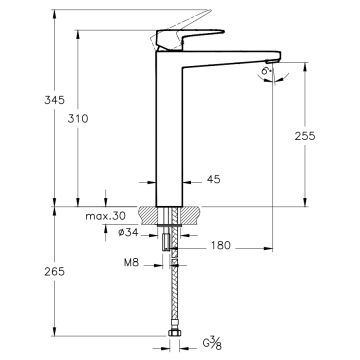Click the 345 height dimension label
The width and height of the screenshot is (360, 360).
54,100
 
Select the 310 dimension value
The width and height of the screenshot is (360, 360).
78,118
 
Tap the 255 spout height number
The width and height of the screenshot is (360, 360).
305,136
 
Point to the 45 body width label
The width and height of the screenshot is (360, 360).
214,179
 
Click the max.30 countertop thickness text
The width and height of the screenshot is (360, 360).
105,216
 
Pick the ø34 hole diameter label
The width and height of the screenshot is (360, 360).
128,233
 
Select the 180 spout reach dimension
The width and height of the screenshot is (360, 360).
220,245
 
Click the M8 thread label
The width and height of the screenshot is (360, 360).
131,262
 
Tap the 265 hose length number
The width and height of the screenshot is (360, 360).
54,272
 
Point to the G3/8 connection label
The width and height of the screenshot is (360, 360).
212,343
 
